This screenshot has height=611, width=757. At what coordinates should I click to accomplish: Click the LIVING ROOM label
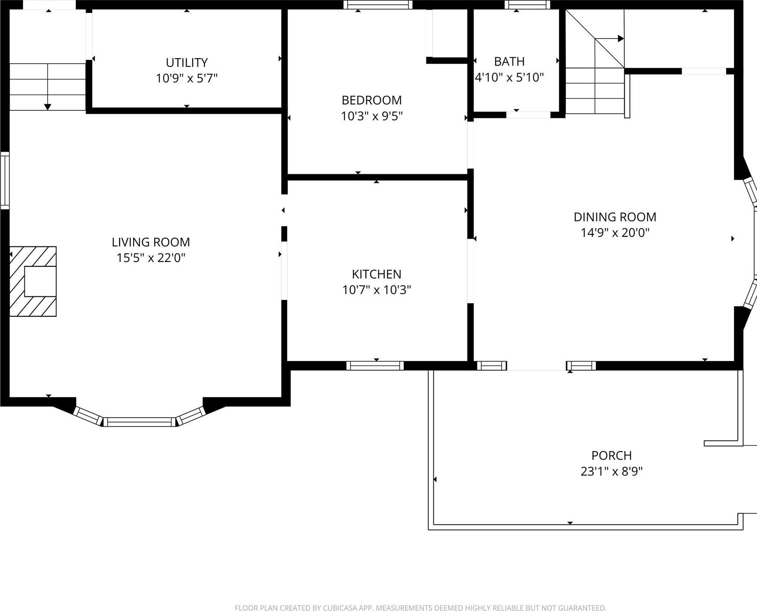click(151, 242)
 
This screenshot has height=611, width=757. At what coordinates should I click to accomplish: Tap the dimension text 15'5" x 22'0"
click(151, 258)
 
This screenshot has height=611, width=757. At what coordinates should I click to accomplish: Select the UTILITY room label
click(187, 63)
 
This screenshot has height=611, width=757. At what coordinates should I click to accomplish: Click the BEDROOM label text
click(372, 100)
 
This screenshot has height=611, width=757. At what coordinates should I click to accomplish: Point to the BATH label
click(509, 61)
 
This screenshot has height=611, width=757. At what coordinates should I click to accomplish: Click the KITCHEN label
click(376, 274)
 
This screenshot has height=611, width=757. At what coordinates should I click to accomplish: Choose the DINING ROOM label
click(615, 217)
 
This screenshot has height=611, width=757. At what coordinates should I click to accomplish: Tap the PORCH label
click(611, 455)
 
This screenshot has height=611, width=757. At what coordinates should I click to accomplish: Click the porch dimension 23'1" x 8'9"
click(611, 472)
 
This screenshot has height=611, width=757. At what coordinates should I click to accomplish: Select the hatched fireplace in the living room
click(33, 281)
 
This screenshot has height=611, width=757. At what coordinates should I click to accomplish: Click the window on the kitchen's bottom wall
click(375, 365)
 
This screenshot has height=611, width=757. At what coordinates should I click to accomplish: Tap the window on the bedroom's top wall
click(378, 5)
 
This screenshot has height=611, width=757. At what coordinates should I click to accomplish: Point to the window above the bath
click(527, 5)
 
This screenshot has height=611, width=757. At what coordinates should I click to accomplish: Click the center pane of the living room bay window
click(139, 421)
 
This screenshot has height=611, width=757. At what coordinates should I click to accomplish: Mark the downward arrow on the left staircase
click(48, 106)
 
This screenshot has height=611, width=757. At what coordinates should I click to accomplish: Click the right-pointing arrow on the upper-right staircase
click(620, 39)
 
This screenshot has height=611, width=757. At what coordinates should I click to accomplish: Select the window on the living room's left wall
click(4, 180)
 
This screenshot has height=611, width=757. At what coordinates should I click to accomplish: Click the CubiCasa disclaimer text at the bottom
click(420, 608)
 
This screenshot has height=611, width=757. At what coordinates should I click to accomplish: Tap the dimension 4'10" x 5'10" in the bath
click(509, 77)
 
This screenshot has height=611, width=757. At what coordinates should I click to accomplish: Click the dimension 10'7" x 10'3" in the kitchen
click(376, 290)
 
